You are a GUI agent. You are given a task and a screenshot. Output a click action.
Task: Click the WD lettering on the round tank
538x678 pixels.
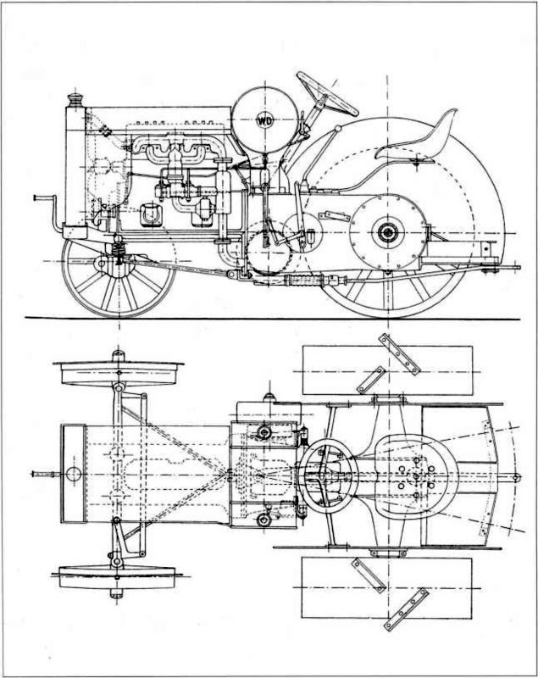pyautogui.click(x=266, y=120)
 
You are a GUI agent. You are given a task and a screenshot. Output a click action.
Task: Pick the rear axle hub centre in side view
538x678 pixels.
pyautogui.click(x=388, y=231)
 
